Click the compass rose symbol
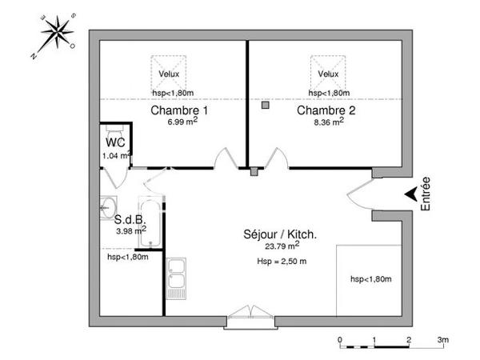54,36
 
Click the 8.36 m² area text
328,122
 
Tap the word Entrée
426,194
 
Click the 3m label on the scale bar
442,340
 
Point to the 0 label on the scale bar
340,340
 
